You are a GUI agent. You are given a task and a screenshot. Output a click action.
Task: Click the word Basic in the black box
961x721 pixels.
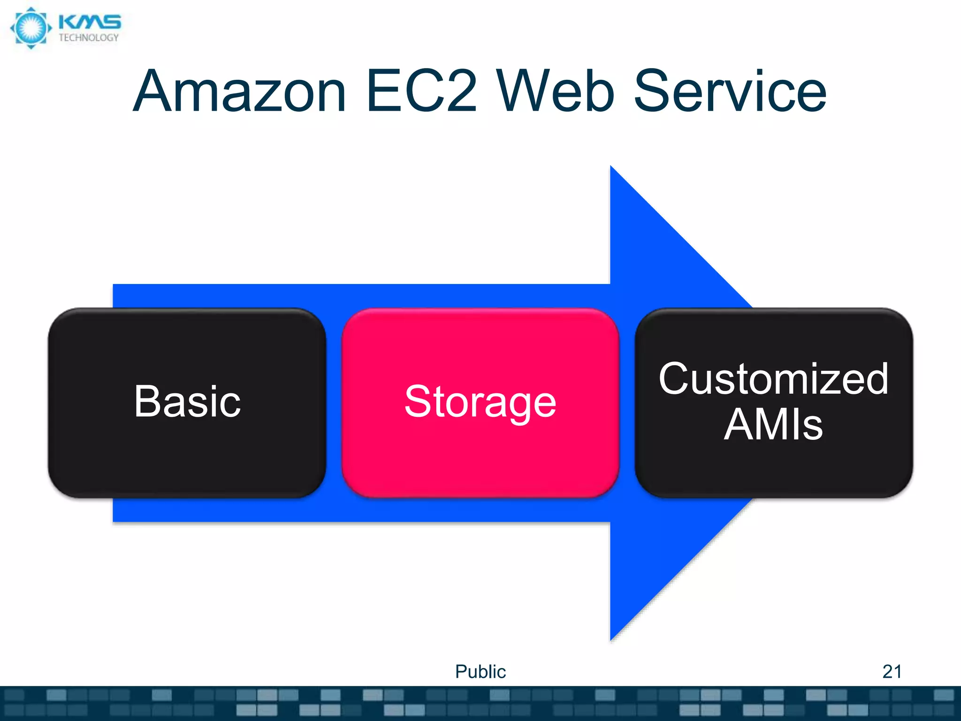tap(187, 402)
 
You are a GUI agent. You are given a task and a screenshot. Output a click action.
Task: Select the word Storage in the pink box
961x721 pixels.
tap(480, 402)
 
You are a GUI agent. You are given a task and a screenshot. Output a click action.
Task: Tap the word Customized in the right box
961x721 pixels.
tap(773, 379)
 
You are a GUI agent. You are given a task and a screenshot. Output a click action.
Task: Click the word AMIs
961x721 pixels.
tap(773, 425)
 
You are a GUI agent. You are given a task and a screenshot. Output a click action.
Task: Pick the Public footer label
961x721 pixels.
tap(480, 672)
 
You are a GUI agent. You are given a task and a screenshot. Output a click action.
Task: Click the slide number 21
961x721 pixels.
tap(892, 672)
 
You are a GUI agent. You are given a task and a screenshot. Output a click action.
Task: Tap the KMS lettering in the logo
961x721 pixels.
tap(90, 22)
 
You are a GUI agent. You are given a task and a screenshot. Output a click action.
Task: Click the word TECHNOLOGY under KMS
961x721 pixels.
tap(89, 38)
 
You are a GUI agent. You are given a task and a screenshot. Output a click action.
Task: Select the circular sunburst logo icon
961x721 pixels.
tap(31, 28)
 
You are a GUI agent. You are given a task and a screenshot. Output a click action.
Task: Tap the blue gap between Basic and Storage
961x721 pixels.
tap(334, 403)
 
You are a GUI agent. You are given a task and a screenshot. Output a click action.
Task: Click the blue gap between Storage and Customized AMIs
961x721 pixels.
tap(627, 403)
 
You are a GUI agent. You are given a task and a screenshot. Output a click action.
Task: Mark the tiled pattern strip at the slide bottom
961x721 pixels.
tap(480, 703)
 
